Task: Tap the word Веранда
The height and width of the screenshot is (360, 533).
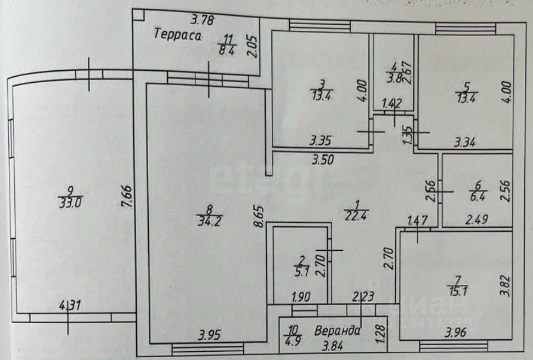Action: coord(338,331)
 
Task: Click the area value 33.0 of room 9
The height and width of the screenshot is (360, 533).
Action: coord(70,204)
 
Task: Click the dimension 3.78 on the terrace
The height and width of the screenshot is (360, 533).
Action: coord(202,21)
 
